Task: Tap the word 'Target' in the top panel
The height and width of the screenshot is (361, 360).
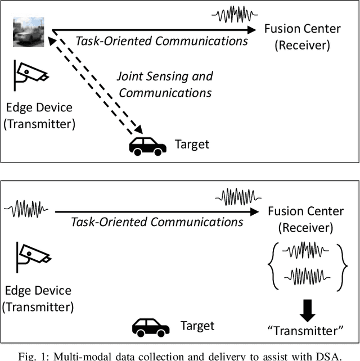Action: click(192, 145)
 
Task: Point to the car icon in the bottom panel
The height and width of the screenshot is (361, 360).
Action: click(150, 327)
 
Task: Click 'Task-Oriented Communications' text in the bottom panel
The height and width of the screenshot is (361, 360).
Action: click(157, 222)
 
